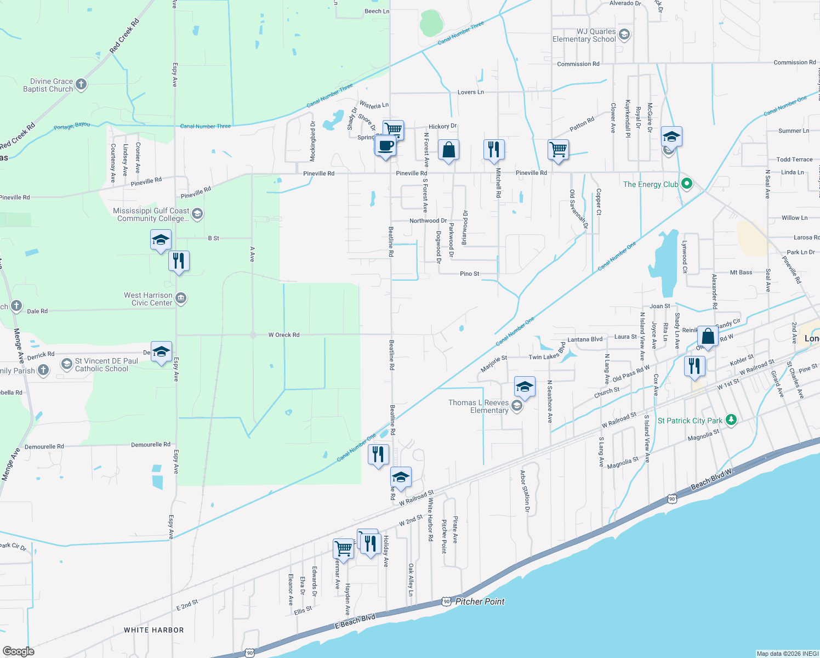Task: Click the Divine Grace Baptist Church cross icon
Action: tap(81, 84)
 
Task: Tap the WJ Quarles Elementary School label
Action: tap(584, 36)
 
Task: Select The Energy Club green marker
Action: tap(686, 184)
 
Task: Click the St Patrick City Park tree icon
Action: tap(731, 420)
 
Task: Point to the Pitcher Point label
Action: tap(480, 602)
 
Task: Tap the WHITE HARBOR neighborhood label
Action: tap(154, 630)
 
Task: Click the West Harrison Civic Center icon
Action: tap(181, 298)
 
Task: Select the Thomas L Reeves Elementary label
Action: tap(479, 406)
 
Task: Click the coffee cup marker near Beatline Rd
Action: tap(386, 146)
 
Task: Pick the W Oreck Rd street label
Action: tap(284, 334)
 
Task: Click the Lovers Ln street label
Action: tap(471, 92)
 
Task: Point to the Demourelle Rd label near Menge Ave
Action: tap(44, 447)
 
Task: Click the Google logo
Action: tap(19, 651)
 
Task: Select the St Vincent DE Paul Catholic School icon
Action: tap(66, 364)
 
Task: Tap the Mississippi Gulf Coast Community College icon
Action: tap(197, 214)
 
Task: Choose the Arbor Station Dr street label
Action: tap(525, 491)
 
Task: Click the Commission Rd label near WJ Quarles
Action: tap(578, 64)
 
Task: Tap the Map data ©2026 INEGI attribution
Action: tap(787, 654)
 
